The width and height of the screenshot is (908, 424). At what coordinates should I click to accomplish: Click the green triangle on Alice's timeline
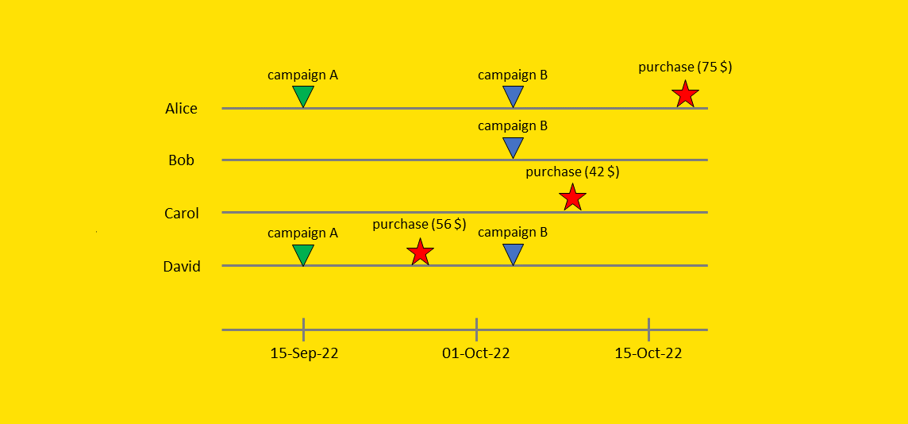tap(303, 96)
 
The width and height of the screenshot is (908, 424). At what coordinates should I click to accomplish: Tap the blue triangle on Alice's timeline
tap(514, 96)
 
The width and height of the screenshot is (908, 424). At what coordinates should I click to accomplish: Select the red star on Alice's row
tap(685, 94)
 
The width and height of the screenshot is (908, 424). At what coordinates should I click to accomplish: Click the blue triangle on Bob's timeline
tap(514, 147)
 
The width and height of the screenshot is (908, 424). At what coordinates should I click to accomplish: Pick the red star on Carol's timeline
tap(572, 196)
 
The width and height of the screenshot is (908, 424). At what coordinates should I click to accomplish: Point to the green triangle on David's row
tap(303, 254)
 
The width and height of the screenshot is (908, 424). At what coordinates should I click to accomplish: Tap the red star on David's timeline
tap(420, 252)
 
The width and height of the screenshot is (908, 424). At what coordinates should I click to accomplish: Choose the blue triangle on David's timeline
tap(514, 254)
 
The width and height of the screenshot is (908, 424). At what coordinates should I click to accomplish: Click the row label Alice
tap(181, 109)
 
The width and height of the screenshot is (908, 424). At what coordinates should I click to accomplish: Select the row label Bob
tap(181, 160)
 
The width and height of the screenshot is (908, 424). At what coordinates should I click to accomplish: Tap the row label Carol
tap(181, 214)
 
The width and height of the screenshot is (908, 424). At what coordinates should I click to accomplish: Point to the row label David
tap(182, 267)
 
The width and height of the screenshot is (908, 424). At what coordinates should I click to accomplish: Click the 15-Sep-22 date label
tap(304, 353)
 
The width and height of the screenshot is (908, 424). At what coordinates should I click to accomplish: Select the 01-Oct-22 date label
tap(476, 353)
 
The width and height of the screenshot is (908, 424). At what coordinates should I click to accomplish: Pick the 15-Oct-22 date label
tap(648, 353)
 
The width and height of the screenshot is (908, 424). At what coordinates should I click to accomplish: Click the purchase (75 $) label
tap(685, 67)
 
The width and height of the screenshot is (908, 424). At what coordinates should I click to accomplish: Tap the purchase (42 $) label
tap(572, 172)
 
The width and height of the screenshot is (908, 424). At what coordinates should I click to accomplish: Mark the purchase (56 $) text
tap(419, 225)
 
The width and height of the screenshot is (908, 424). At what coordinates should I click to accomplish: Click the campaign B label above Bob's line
tap(513, 125)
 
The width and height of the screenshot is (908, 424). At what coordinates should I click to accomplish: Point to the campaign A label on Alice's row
tap(302, 75)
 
